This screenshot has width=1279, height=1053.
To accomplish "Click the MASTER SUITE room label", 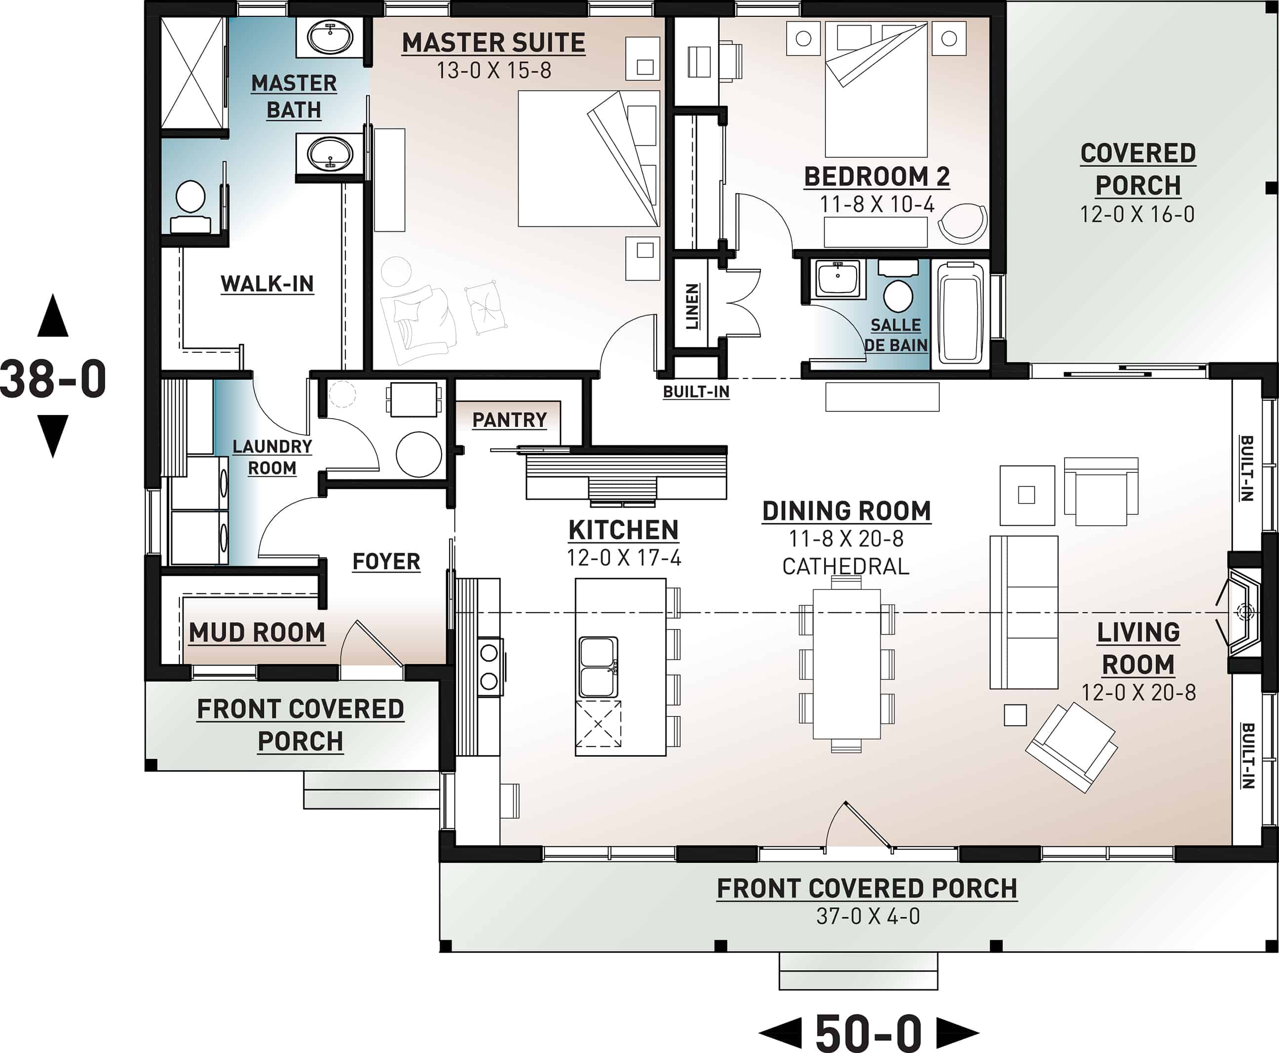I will [x=493, y=43].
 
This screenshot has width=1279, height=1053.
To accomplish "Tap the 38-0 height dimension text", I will [x=53, y=379].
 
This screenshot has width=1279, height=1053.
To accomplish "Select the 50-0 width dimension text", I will [x=868, y=1032].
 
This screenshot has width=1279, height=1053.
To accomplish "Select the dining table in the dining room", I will [x=846, y=664].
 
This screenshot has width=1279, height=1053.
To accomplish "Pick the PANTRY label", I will [x=509, y=420].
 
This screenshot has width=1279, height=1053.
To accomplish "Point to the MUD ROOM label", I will [x=257, y=632].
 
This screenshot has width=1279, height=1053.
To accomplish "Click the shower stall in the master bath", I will [x=193, y=73].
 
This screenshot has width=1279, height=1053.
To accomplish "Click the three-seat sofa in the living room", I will [x=1023, y=612].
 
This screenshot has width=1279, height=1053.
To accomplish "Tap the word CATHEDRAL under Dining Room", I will [x=845, y=567].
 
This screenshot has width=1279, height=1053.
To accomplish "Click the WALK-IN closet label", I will [x=267, y=284].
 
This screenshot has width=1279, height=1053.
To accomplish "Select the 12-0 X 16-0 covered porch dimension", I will [x=1137, y=214].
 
